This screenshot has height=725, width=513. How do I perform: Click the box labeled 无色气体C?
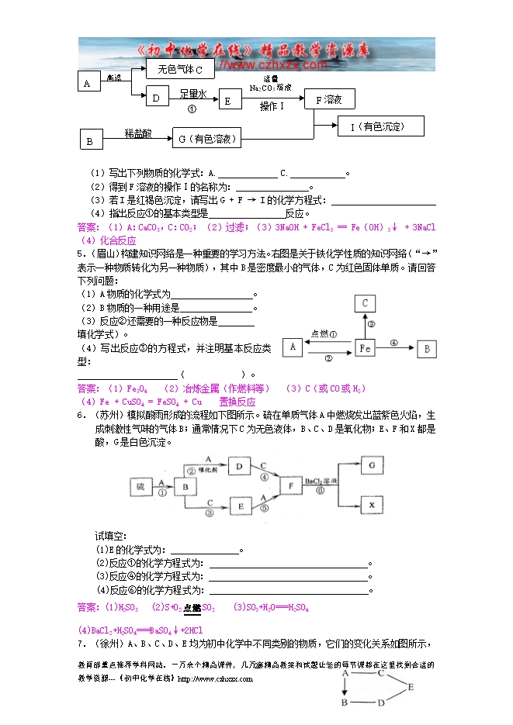[x=180, y=70]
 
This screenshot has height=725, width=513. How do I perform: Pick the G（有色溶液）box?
[x=206, y=140]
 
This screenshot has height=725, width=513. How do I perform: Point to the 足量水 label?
[x=193, y=94]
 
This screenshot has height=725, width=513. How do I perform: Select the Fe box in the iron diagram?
[x=366, y=349]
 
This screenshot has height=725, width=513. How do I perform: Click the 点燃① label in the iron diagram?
[x=324, y=335]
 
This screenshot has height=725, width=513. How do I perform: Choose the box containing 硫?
[x=140, y=486]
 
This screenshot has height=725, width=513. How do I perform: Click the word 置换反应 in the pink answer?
[x=237, y=402]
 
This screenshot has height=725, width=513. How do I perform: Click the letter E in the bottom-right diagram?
[x=411, y=686]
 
